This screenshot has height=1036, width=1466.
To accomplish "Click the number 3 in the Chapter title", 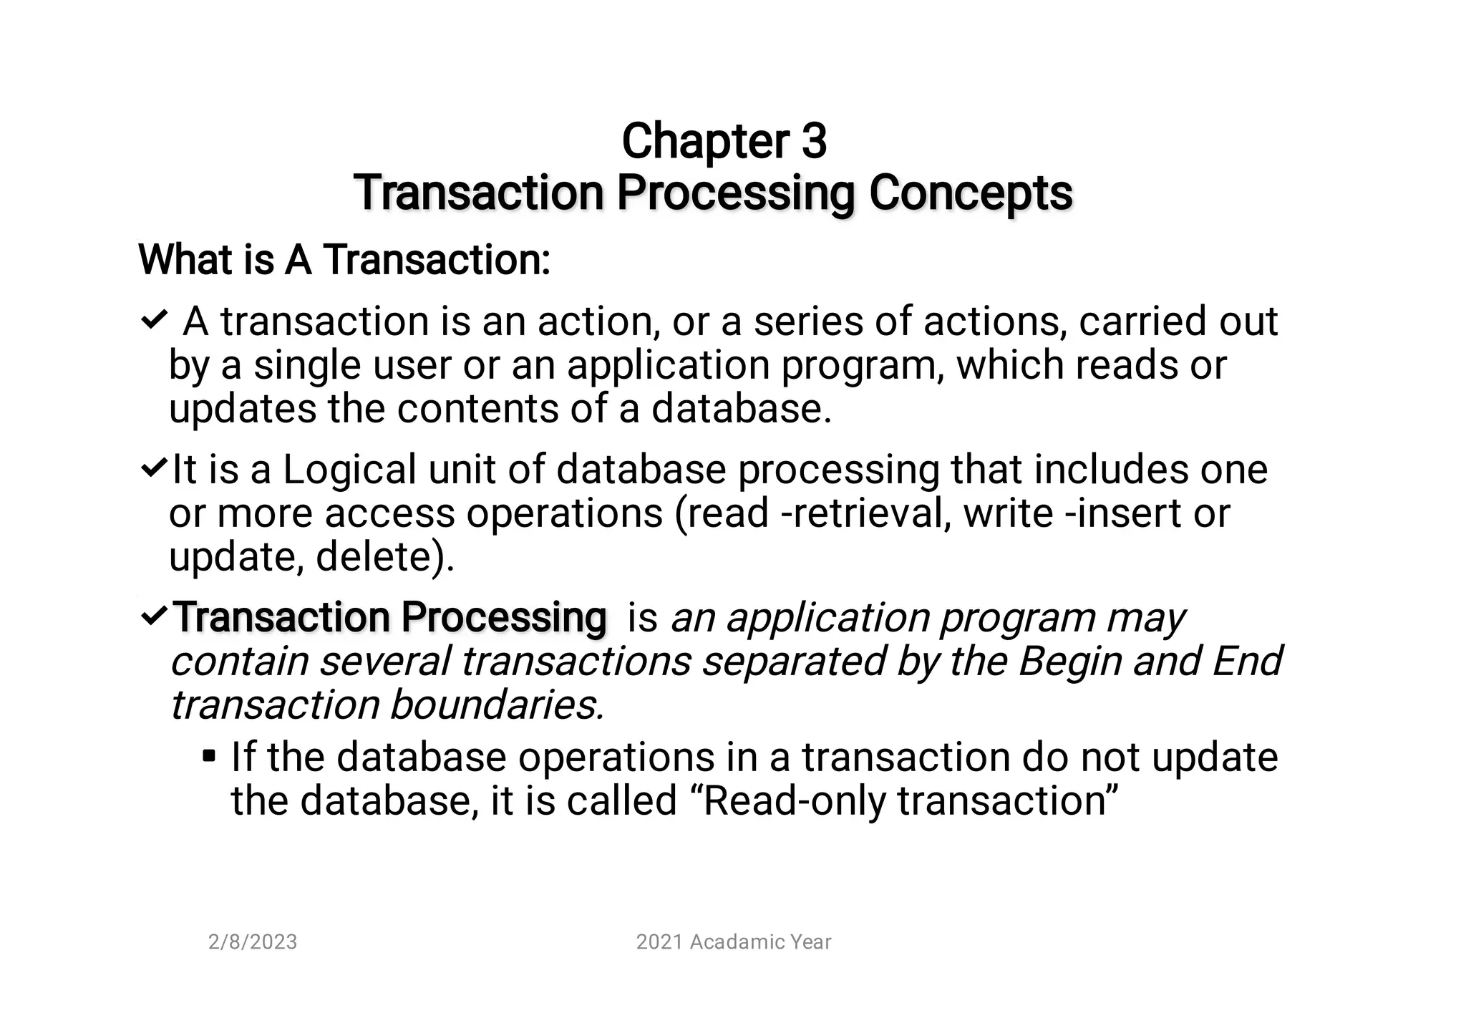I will [x=814, y=141].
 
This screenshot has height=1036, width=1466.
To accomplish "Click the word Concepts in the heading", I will [x=971, y=193].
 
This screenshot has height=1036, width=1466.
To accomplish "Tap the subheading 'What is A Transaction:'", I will [x=344, y=259].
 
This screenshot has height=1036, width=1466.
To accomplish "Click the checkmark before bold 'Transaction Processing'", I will [x=154, y=615].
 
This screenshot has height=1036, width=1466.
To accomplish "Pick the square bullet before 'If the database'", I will [x=209, y=756].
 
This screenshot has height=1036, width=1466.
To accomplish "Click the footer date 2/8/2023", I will [x=253, y=942].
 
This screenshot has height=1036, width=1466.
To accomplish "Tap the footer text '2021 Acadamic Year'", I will [x=734, y=942].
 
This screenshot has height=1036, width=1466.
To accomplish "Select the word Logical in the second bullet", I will [x=349, y=470].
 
